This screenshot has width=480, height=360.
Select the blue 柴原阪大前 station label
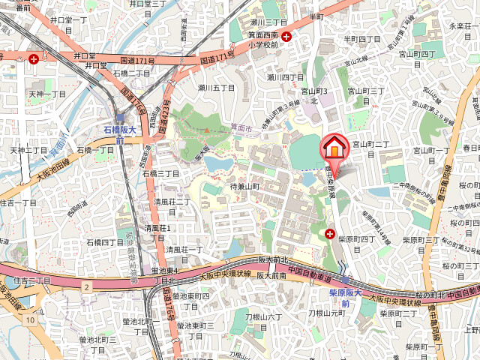point(346,298)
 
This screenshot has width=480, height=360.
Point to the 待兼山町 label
point(244,186)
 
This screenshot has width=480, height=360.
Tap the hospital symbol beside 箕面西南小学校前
point(286,36)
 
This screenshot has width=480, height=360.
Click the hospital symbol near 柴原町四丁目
point(331,235)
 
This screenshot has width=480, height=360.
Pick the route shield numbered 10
point(29,320)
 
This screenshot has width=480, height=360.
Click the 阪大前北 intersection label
point(272,259)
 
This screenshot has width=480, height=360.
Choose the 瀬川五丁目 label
point(217,88)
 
